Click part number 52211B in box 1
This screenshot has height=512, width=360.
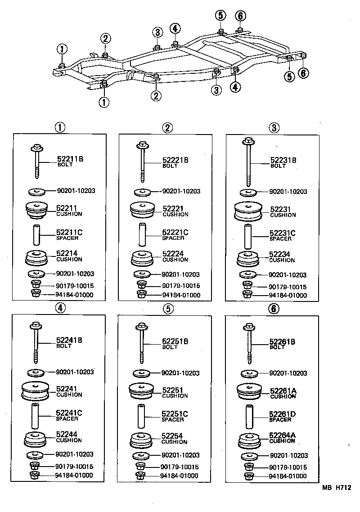tap(70, 159)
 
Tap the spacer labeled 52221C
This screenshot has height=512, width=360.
tap(142, 235)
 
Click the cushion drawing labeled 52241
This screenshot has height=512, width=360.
tap(36, 390)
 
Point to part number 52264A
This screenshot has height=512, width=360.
tap(282, 435)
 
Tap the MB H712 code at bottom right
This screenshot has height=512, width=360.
tap(335, 487)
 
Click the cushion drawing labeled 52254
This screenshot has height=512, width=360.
tap(142, 440)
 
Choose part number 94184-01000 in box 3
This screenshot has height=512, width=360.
tap(288, 295)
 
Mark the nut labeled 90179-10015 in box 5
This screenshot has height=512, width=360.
tap(140, 467)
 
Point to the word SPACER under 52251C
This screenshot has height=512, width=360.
tap(172, 419)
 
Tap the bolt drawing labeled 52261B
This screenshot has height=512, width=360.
tap(248, 342)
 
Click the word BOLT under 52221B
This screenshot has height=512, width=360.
tap(170, 166)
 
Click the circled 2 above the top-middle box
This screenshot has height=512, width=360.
tap(167, 128)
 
